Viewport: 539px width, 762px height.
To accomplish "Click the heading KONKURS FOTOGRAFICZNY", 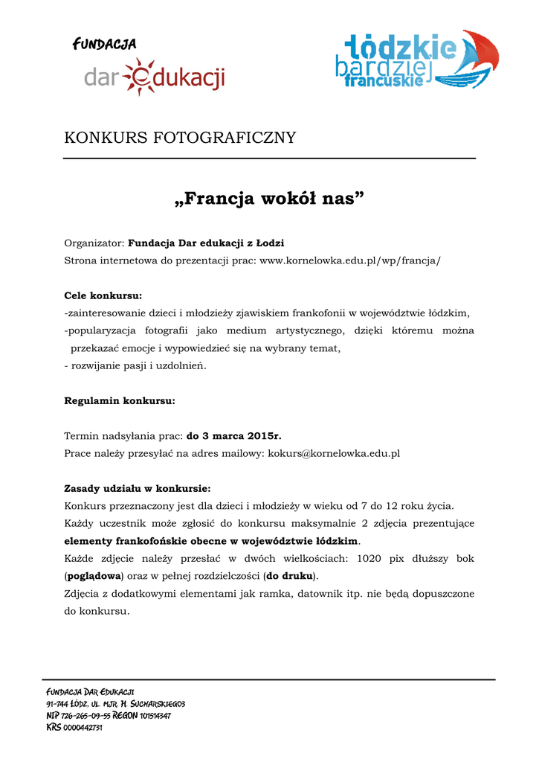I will pos(180,138).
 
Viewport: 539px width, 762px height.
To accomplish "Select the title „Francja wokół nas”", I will pos(269,199).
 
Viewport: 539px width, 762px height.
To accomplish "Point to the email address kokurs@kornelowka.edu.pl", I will pos(334,453).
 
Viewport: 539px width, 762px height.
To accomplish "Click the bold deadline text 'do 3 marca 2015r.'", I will pos(233,436).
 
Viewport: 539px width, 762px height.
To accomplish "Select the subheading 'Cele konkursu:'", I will pos(103,295).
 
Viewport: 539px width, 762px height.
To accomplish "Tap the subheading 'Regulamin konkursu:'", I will pos(120,401).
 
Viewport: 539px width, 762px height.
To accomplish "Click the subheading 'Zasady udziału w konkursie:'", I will pos(138,489).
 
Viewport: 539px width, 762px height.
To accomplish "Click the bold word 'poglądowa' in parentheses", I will pos(94,576).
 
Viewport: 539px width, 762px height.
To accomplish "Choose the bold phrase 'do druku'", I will pos(290,576).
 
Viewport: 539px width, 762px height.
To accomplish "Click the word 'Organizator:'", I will pos(94,243).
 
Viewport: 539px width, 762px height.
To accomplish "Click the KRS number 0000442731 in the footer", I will pos(83,728).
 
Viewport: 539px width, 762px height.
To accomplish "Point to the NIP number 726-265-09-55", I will pos(85,716).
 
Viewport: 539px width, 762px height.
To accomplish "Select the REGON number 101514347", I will pos(155,716).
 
